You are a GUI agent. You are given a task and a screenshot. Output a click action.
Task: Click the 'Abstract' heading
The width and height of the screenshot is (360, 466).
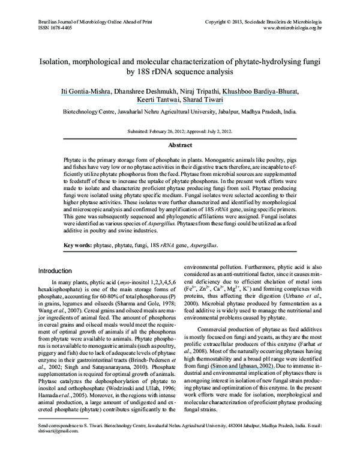[180, 145]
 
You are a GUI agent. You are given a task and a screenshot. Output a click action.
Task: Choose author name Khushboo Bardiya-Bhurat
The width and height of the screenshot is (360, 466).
[260, 91]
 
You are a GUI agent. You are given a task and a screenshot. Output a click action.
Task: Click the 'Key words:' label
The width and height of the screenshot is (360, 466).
[81, 245]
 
